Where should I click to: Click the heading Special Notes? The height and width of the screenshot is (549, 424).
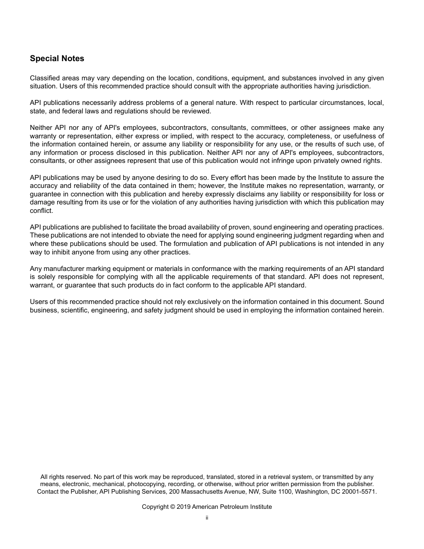pyautogui.click(x=57, y=58)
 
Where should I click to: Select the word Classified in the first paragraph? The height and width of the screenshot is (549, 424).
pyautogui.click(x=45, y=78)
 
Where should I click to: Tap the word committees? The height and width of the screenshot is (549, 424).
pyautogui.click(x=266, y=128)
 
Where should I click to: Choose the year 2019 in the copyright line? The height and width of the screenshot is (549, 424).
pyautogui.click(x=183, y=507)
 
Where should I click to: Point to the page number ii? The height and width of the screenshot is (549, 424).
pyautogui.click(x=207, y=518)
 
